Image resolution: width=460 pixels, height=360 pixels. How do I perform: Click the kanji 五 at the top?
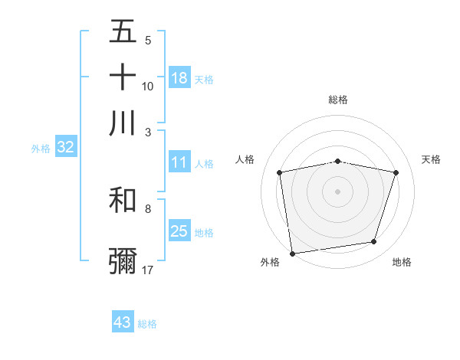[123, 32]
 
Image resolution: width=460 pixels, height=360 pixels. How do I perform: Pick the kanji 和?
[123, 200]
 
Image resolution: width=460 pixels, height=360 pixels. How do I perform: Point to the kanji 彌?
[123, 261]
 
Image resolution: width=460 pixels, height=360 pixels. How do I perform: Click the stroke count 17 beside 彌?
[148, 270]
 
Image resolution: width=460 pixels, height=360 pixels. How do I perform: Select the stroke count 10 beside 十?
[148, 86]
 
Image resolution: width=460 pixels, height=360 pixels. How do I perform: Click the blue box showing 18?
[179, 77]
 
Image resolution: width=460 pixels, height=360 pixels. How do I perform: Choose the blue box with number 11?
[179, 162]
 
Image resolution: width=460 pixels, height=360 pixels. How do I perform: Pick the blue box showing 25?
[179, 231]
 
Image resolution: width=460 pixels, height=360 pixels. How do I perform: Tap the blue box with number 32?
[65, 148]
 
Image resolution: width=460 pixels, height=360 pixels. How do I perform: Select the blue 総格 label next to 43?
[147, 324]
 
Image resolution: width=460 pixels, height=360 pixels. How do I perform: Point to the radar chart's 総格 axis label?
[338, 100]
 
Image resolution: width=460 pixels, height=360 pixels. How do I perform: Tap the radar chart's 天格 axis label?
[431, 159]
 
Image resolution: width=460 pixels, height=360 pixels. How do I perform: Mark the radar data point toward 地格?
[374, 242]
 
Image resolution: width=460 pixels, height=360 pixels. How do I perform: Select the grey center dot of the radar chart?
[338, 191]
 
